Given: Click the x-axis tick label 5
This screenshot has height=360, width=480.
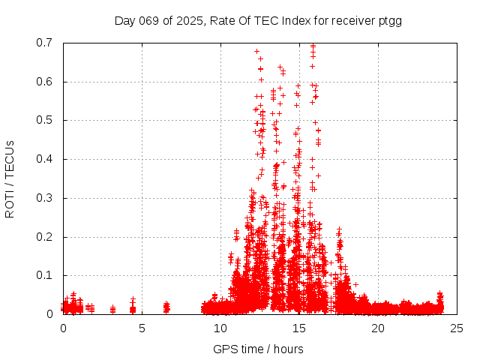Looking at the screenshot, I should pos(142,328).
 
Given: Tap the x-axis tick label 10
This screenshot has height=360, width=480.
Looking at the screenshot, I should pos(220,328).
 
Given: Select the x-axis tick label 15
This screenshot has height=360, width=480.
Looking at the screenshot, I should pos(299,328).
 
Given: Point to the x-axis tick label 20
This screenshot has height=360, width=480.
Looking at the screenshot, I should pos(378,328).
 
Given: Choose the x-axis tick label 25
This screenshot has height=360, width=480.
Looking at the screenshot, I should pos(457,328).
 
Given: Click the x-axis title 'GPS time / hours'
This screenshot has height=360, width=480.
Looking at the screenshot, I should pos(258,349).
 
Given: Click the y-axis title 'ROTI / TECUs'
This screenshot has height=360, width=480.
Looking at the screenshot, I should pos(10,178).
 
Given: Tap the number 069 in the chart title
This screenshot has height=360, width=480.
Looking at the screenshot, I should pos(150,20).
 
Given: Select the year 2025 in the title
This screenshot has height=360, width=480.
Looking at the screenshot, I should pos(189,20).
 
